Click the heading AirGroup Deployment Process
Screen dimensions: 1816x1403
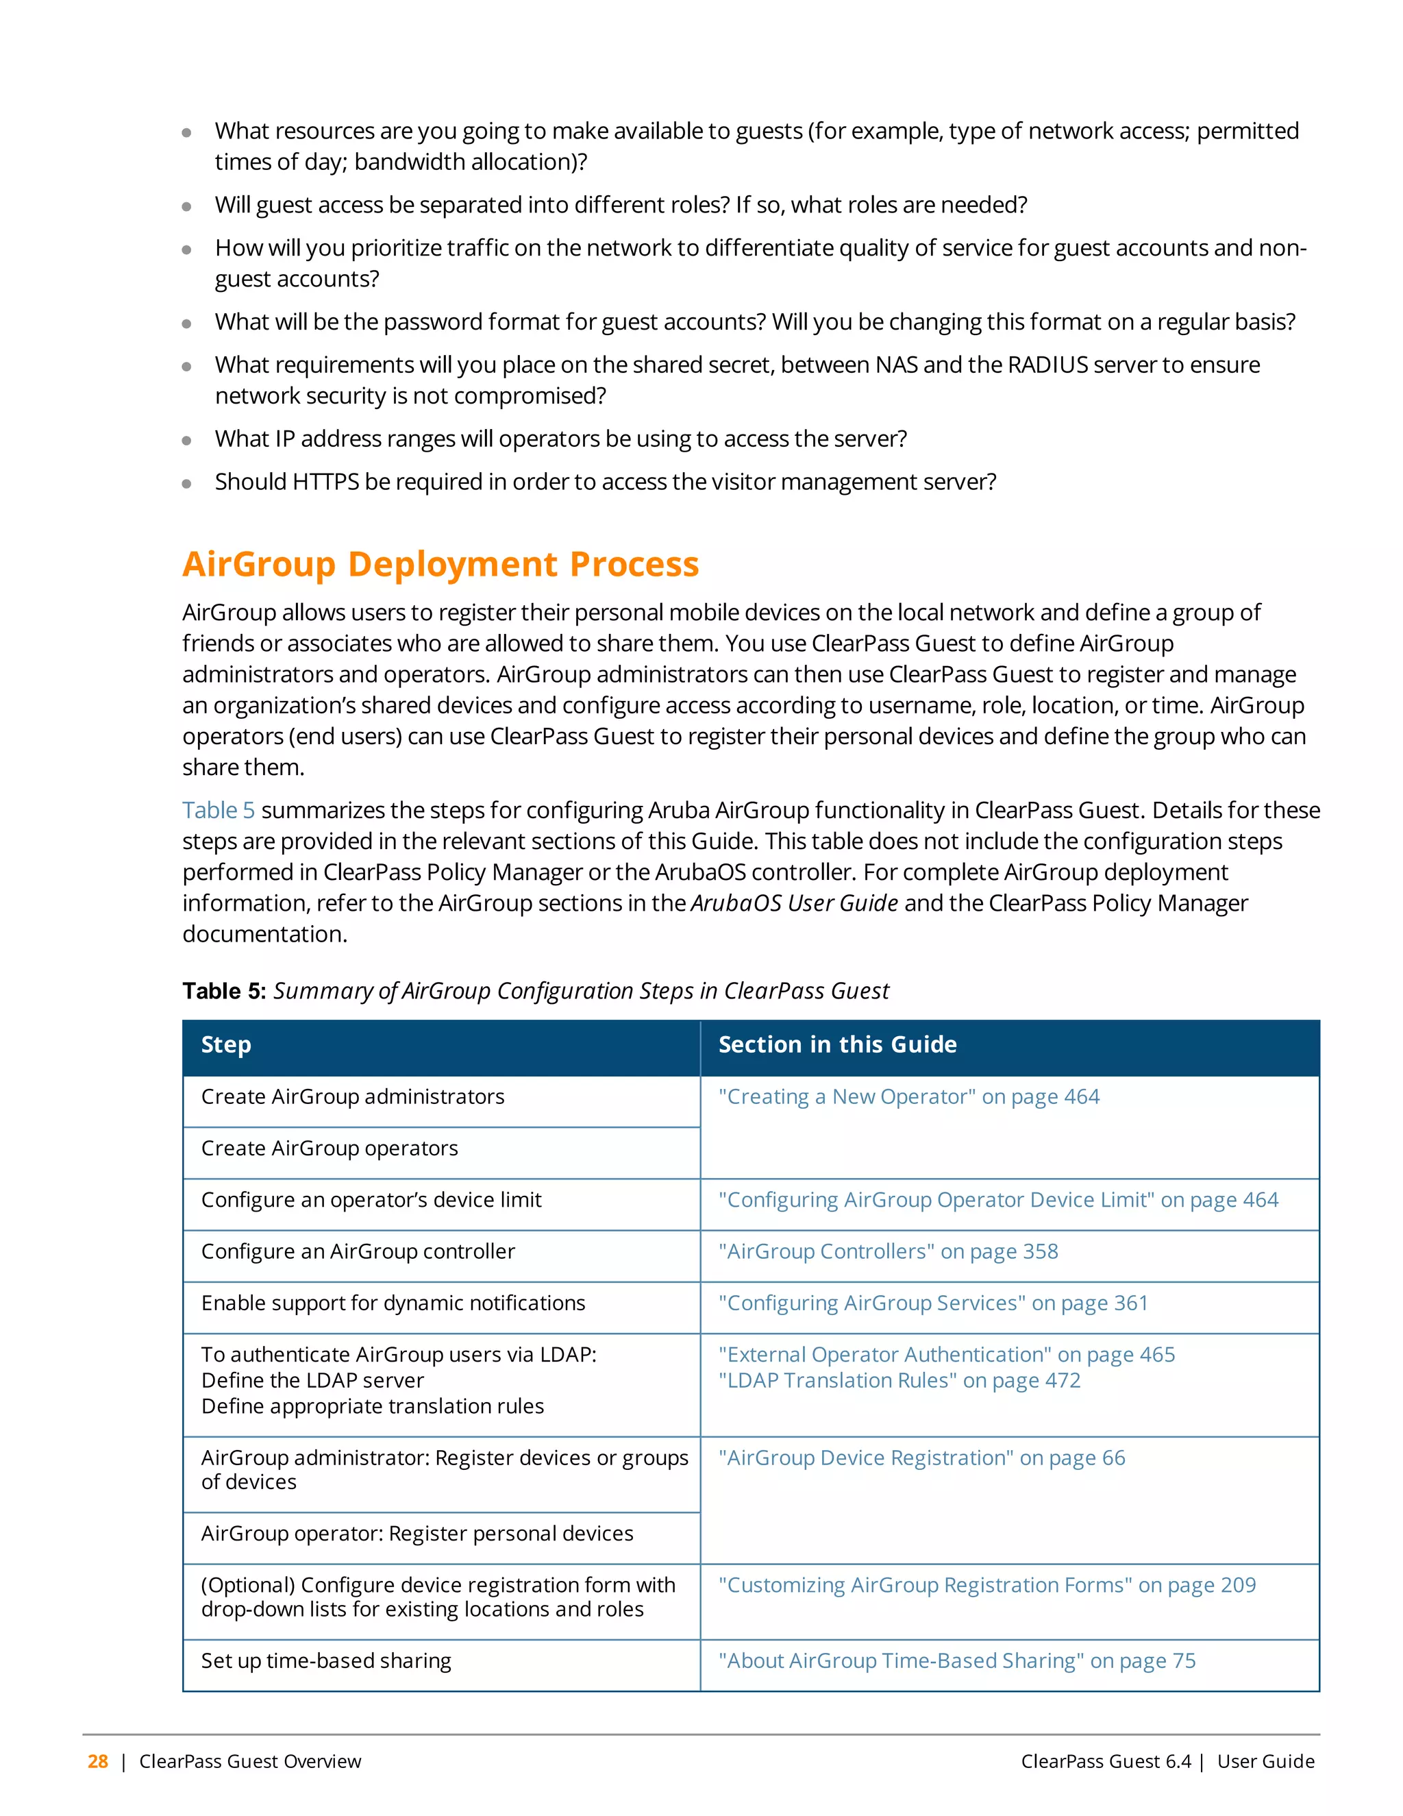440,564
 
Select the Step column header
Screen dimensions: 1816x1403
226,1044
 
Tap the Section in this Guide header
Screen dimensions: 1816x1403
837,1044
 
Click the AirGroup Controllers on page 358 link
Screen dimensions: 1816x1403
888,1251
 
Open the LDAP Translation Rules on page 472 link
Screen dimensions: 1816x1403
899,1380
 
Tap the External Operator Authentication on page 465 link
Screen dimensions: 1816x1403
947,1355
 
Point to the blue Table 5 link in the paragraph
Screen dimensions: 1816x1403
219,810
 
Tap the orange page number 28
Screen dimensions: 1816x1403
98,1761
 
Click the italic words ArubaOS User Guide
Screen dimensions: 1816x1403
794,903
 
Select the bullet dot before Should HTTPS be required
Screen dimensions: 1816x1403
187,483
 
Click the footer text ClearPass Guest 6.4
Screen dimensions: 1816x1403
1106,1761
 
